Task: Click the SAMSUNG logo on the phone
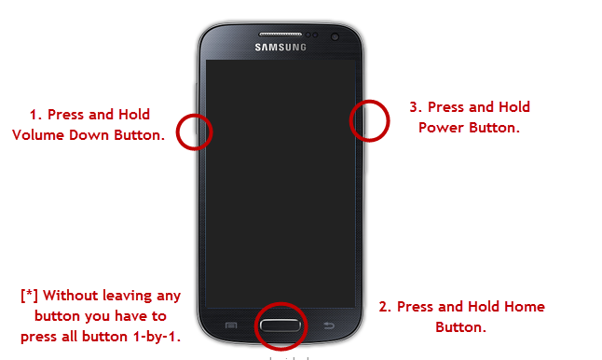(280, 48)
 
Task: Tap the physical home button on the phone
(280, 325)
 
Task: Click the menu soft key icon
(231, 325)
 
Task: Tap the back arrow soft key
(329, 325)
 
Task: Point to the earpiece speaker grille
(280, 35)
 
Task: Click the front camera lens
(335, 37)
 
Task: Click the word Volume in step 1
(38, 135)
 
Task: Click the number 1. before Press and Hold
(35, 115)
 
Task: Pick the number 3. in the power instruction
(416, 107)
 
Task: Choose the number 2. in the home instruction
(385, 307)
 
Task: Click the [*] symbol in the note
(30, 296)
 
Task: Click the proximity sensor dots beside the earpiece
(312, 35)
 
